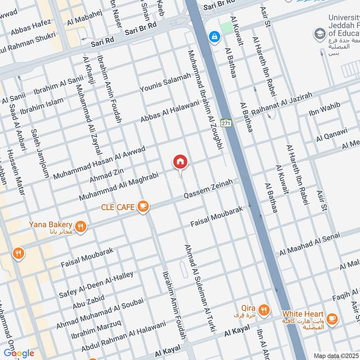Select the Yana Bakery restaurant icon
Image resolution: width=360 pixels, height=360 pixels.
[x=81, y=226]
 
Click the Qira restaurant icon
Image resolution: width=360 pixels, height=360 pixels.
[x=264, y=310]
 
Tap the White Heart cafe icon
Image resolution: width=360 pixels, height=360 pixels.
[x=332, y=319]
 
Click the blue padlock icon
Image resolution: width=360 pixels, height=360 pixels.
[x=214, y=35]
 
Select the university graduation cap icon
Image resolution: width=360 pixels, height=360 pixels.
[x=320, y=33]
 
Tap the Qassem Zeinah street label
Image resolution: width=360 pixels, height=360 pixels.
[x=208, y=190]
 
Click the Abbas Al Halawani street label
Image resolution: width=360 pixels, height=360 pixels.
[x=170, y=111]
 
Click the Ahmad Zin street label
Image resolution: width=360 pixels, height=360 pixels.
[x=106, y=173]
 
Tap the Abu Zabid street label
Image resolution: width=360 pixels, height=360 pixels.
[x=89, y=302]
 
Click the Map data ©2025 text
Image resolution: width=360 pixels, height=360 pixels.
[x=335, y=356]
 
